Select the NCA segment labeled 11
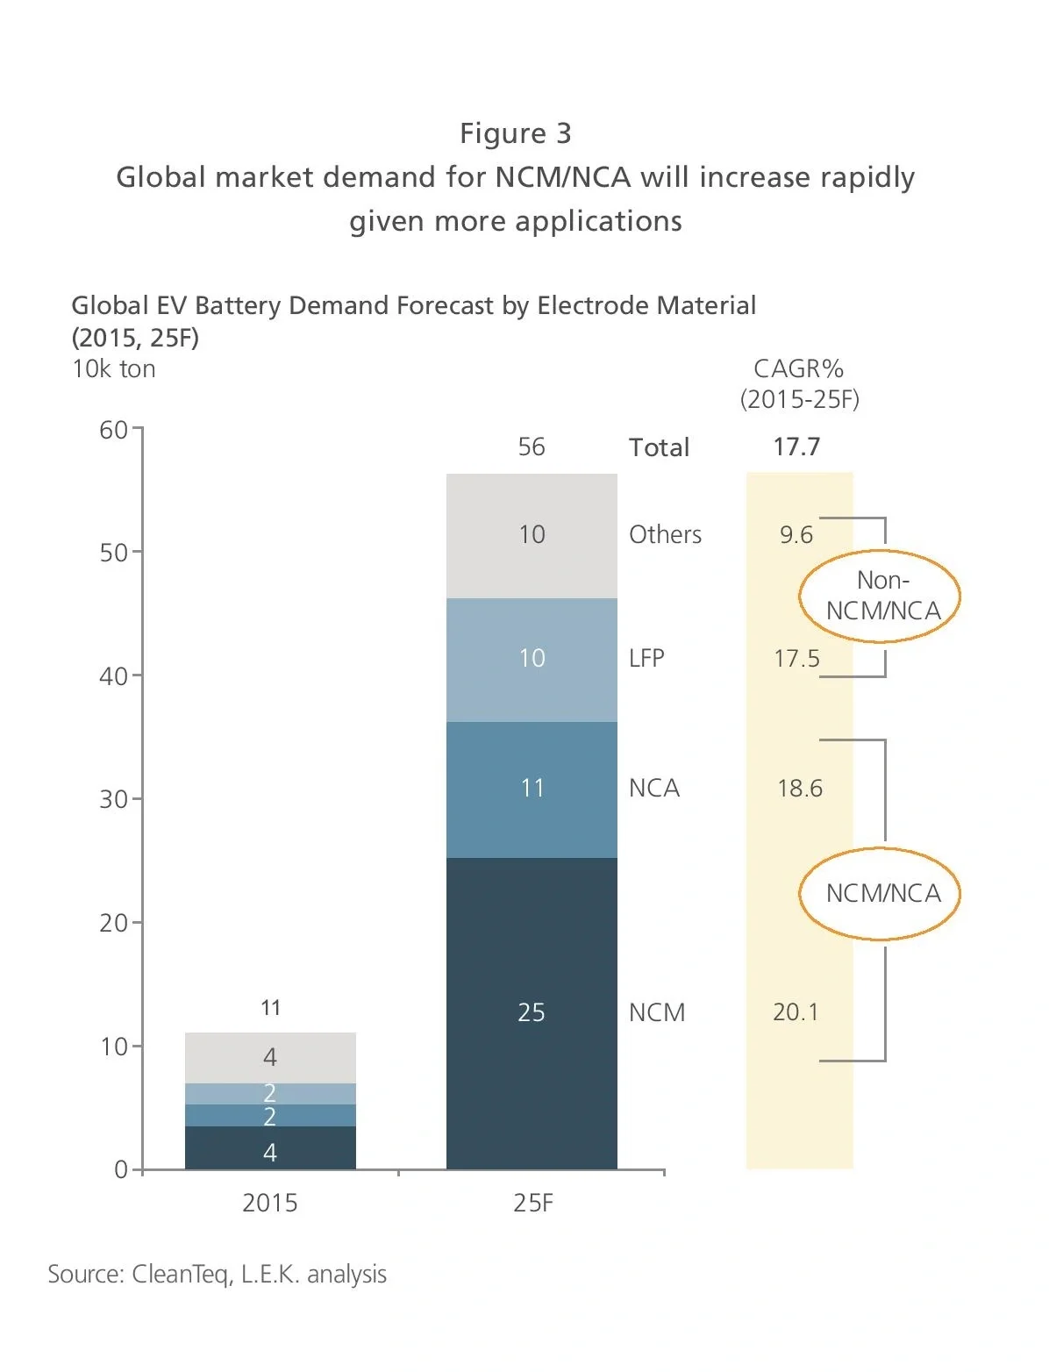tap(532, 789)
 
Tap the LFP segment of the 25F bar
tap(532, 659)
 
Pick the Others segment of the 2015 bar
tap(270, 1057)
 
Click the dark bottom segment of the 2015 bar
tap(270, 1148)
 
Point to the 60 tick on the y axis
tap(113, 430)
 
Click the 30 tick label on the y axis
tap(113, 799)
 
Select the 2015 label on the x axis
tap(269, 1203)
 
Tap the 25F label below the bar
tap(533, 1203)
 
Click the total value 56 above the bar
tap(532, 447)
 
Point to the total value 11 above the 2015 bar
tap(270, 1008)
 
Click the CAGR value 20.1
tap(796, 1012)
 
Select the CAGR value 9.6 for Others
tap(796, 535)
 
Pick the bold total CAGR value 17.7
tap(796, 447)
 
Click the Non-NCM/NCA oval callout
tap(881, 597)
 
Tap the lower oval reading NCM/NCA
tap(881, 894)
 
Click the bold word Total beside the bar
tap(659, 448)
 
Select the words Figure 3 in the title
tap(516, 133)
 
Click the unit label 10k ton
tap(114, 369)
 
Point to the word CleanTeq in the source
tap(181, 1275)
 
